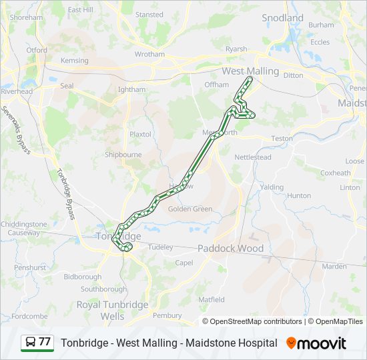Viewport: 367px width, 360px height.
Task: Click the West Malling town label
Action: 250,71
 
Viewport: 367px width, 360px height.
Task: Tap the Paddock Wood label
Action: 230,249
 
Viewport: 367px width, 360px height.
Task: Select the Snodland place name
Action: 282,18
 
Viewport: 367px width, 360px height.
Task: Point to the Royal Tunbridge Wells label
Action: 112,310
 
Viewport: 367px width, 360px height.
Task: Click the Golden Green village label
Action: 190,209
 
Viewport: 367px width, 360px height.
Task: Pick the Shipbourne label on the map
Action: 123,155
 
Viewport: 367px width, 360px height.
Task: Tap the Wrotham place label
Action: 149,54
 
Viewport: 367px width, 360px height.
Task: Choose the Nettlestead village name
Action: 252,157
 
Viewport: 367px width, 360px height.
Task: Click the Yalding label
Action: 272,187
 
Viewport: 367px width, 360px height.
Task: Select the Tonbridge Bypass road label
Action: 65,193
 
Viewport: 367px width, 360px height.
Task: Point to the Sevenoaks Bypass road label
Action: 15,130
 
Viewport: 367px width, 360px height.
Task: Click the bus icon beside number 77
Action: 30,342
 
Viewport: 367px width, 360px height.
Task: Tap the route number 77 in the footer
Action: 45,342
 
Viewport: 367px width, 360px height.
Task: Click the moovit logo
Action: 316,343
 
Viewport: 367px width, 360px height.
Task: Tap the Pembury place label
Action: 167,315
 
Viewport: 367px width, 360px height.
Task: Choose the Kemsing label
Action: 74,61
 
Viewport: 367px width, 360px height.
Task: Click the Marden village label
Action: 334,266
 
